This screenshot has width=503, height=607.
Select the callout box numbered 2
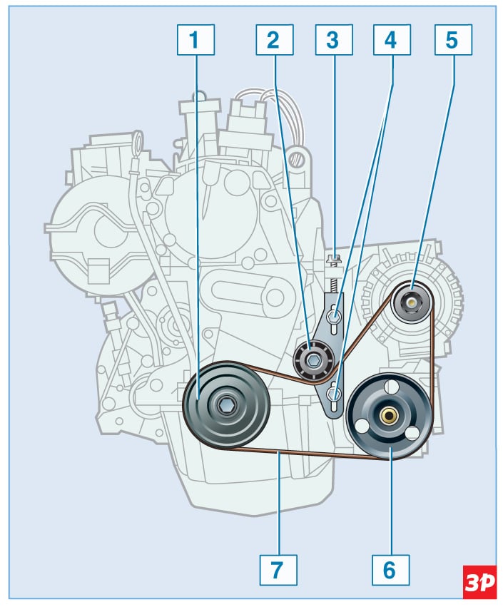pyautogui.click(x=273, y=41)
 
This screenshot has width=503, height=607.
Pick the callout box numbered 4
pyautogui.click(x=390, y=41)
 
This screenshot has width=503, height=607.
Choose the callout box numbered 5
pyautogui.click(x=452, y=41)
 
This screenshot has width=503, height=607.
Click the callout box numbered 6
pyautogui.click(x=390, y=569)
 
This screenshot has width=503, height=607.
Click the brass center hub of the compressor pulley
pyautogui.click(x=390, y=416)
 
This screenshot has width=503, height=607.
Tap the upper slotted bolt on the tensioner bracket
pyautogui.click(x=332, y=315)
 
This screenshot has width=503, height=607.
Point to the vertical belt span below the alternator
pyautogui.click(x=432, y=357)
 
